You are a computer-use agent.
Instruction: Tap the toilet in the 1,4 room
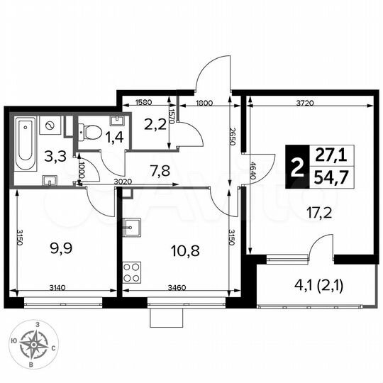(x=89, y=131)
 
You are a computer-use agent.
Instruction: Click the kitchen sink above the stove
(x=132, y=228)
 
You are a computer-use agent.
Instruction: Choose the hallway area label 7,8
(x=159, y=169)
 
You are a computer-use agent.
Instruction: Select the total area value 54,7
(x=326, y=177)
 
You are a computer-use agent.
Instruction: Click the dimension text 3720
(x=305, y=103)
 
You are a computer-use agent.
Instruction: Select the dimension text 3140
(x=59, y=289)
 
